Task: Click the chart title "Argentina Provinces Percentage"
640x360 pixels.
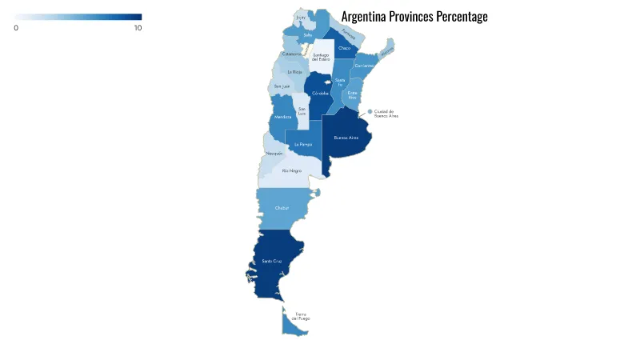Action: (x=414, y=17)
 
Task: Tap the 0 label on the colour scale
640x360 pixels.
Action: (x=16, y=28)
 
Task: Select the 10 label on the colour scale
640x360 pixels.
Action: (x=138, y=28)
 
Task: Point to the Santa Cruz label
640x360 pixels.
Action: (x=272, y=262)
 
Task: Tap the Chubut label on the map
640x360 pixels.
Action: (x=282, y=208)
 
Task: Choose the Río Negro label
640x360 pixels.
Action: (x=291, y=170)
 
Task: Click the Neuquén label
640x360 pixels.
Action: (x=274, y=153)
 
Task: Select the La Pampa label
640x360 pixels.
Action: (x=302, y=144)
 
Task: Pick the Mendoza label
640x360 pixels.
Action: (x=282, y=118)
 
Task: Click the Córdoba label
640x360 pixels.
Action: (x=321, y=93)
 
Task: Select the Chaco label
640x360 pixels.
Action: (x=344, y=48)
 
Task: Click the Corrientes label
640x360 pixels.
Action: (x=364, y=65)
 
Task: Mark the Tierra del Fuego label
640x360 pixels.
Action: (x=301, y=316)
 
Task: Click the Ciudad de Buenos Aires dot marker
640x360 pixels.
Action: (x=370, y=112)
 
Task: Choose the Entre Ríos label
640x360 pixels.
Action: (x=353, y=94)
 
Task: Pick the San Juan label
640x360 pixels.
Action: (x=282, y=86)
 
